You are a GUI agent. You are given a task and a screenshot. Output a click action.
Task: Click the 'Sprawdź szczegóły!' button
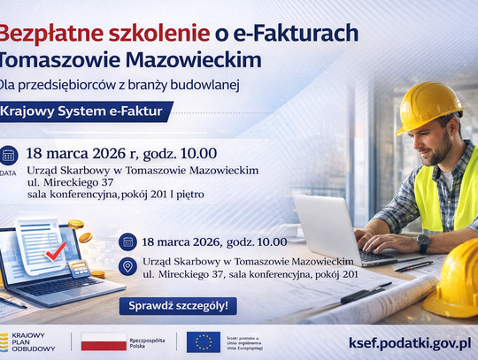coord(178,306)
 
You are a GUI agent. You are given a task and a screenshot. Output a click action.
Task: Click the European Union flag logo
coord(204,341)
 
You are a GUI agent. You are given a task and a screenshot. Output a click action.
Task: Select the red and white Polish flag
coord(104,341)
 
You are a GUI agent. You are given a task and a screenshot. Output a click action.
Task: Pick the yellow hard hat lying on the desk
coord(457,279)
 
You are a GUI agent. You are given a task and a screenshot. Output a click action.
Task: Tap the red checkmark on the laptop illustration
coord(55,251)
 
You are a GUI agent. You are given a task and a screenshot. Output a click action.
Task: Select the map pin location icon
coord(127,267)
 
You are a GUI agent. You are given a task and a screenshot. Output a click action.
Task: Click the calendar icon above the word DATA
coord(9,155)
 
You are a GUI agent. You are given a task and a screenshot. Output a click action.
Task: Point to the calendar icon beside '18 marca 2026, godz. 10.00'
coord(127,241)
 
